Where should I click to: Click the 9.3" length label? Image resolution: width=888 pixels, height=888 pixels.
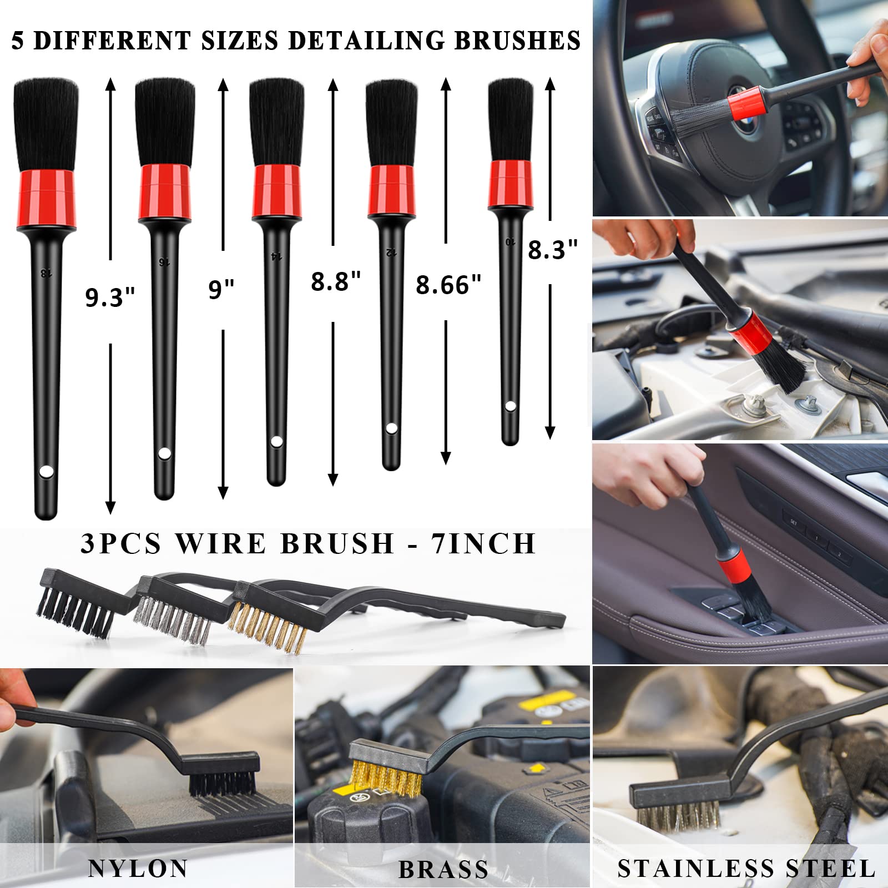(110, 297)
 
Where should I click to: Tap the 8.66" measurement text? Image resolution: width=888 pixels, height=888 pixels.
(448, 285)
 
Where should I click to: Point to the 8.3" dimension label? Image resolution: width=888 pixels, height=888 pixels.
(552, 250)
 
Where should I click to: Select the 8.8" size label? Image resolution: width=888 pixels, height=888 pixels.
(336, 281)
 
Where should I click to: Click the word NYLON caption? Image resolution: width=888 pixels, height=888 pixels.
(138, 869)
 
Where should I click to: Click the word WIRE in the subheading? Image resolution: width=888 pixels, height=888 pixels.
(220, 543)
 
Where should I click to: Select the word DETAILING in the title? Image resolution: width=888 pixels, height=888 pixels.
(367, 41)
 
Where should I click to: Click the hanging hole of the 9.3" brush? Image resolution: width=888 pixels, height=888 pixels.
(47, 472)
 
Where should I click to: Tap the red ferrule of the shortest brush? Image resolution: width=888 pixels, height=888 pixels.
(511, 185)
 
